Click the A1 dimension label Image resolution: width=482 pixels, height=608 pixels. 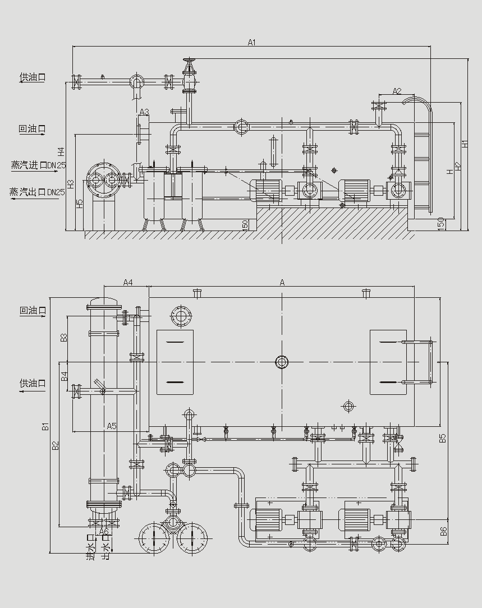(x=251, y=43)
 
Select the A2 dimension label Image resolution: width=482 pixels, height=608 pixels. (x=397, y=91)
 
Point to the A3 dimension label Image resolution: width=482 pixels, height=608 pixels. (x=144, y=112)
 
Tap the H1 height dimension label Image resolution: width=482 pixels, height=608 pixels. (x=465, y=144)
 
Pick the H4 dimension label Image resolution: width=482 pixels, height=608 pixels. (x=61, y=151)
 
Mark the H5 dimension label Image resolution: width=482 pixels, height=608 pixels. (x=80, y=204)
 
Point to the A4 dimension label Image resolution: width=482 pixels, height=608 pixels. (x=128, y=282)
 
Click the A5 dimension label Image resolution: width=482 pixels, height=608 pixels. (x=112, y=426)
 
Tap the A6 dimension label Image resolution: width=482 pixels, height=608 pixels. (x=104, y=531)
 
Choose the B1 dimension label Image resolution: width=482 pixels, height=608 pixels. (x=45, y=426)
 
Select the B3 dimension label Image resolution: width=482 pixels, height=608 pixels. (x=64, y=338)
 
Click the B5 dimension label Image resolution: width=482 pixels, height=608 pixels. (x=443, y=438)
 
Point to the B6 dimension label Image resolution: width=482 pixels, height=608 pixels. (x=443, y=531)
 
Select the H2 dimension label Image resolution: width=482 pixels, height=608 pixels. (x=457, y=166)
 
